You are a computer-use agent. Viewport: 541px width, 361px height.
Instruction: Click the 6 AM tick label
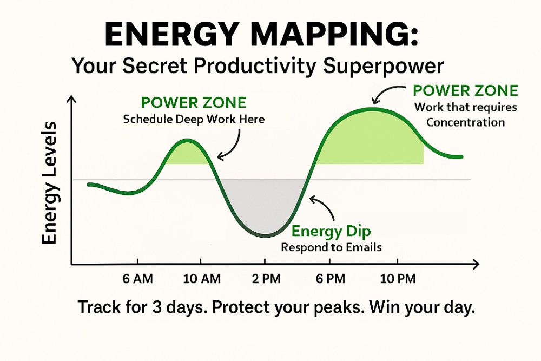(x=137, y=279)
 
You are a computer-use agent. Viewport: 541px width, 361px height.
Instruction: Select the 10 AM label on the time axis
(x=202, y=279)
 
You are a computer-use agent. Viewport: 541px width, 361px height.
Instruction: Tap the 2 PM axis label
(x=266, y=279)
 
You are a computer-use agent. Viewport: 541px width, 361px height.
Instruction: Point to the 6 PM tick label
(x=330, y=279)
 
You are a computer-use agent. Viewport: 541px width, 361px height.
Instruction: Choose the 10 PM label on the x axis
(x=398, y=279)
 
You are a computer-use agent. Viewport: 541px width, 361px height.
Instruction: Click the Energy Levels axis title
(x=49, y=183)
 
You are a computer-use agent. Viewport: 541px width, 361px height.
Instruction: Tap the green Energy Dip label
(x=331, y=231)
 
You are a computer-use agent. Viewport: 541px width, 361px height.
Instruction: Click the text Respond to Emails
(x=331, y=247)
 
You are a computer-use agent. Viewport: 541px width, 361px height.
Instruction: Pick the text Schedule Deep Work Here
(x=194, y=119)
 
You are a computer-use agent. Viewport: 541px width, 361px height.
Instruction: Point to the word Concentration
(x=465, y=122)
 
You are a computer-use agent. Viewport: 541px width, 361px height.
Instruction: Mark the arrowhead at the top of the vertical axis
(x=71, y=100)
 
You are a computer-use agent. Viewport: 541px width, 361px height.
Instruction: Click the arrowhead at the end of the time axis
(x=476, y=265)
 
